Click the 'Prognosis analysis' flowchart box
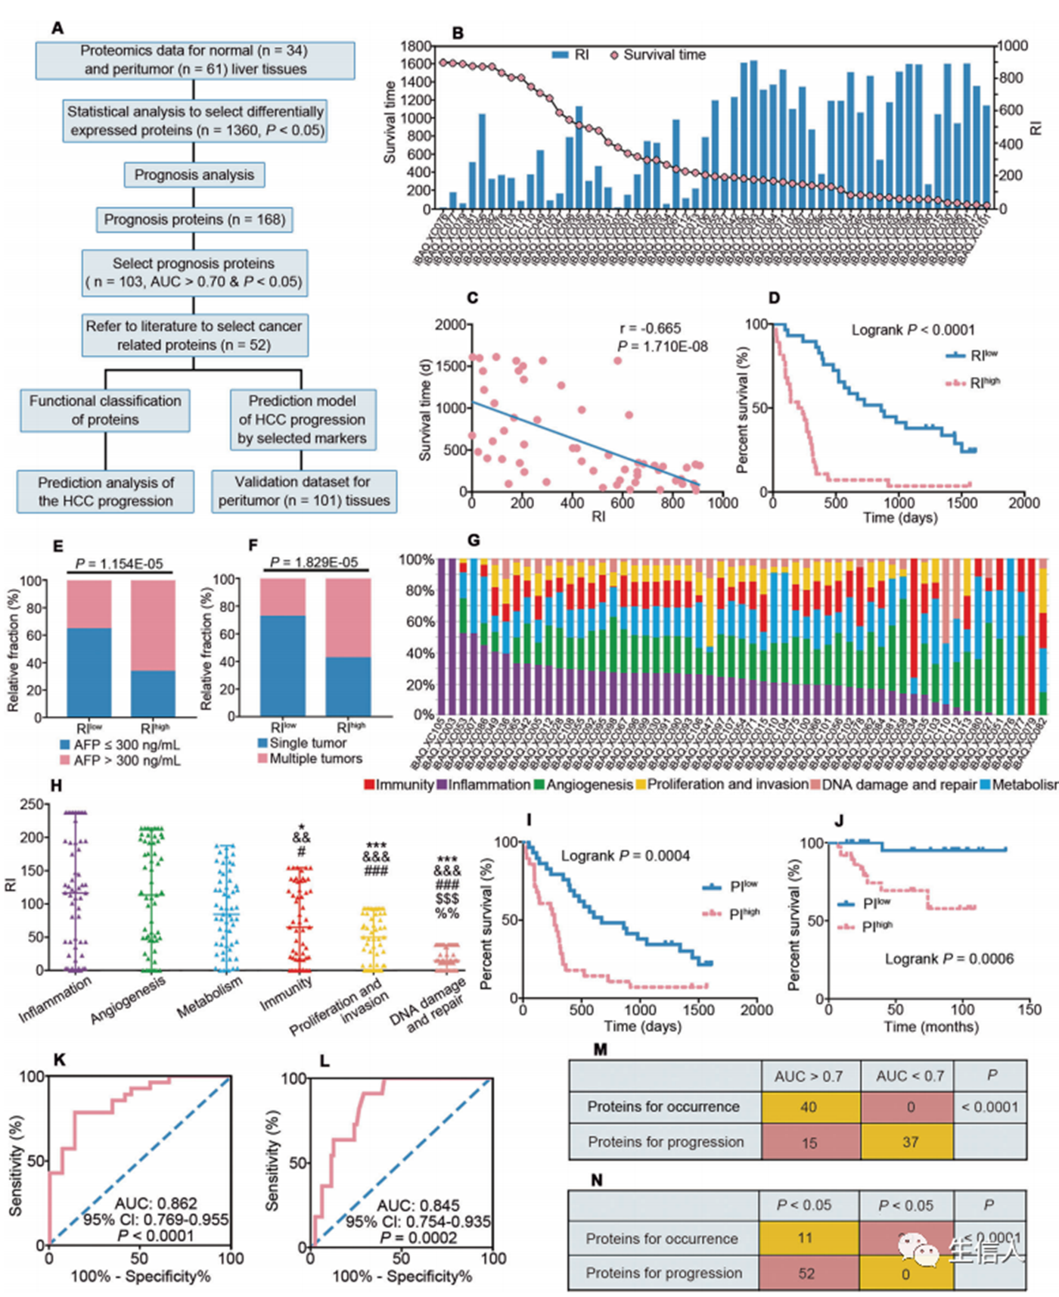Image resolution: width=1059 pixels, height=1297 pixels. click(x=194, y=175)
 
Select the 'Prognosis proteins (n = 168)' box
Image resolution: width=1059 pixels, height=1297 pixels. click(x=194, y=219)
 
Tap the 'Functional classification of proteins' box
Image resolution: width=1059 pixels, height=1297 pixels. click(x=105, y=410)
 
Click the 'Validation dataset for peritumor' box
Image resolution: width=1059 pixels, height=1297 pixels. click(x=304, y=491)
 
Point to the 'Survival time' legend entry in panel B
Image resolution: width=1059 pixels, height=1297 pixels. click(x=658, y=55)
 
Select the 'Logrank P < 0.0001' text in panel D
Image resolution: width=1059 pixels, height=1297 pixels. click(x=913, y=330)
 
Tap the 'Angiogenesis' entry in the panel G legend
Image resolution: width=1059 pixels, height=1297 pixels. click(x=583, y=785)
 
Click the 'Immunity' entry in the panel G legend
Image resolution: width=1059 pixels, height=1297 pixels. click(x=399, y=785)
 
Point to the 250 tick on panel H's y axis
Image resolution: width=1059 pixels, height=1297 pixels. click(x=33, y=804)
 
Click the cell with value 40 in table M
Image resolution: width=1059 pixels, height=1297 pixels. click(x=809, y=1107)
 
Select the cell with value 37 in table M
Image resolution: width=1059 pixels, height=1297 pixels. click(x=910, y=1142)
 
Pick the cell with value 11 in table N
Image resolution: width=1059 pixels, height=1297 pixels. click(x=805, y=1238)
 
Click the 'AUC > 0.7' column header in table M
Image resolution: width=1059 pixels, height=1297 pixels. click(x=809, y=1076)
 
